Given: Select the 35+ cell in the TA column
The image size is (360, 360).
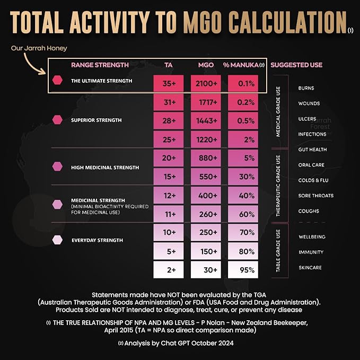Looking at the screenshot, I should click(170, 84).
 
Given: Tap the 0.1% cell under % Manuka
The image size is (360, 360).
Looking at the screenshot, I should click(245, 84).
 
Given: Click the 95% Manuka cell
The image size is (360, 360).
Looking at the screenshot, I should click(245, 269).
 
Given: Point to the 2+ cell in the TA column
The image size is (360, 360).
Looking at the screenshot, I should click(170, 269).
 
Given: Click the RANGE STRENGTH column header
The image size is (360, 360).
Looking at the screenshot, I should click(100, 65).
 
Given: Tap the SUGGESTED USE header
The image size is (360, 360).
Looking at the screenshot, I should click(296, 65).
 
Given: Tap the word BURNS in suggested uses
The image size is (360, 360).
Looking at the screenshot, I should click(306, 88).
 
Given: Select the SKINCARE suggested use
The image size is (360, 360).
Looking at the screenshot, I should click(310, 268).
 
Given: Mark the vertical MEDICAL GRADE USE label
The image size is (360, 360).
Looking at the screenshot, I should click(278, 111).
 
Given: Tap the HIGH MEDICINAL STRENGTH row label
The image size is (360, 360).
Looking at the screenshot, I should click(105, 168).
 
